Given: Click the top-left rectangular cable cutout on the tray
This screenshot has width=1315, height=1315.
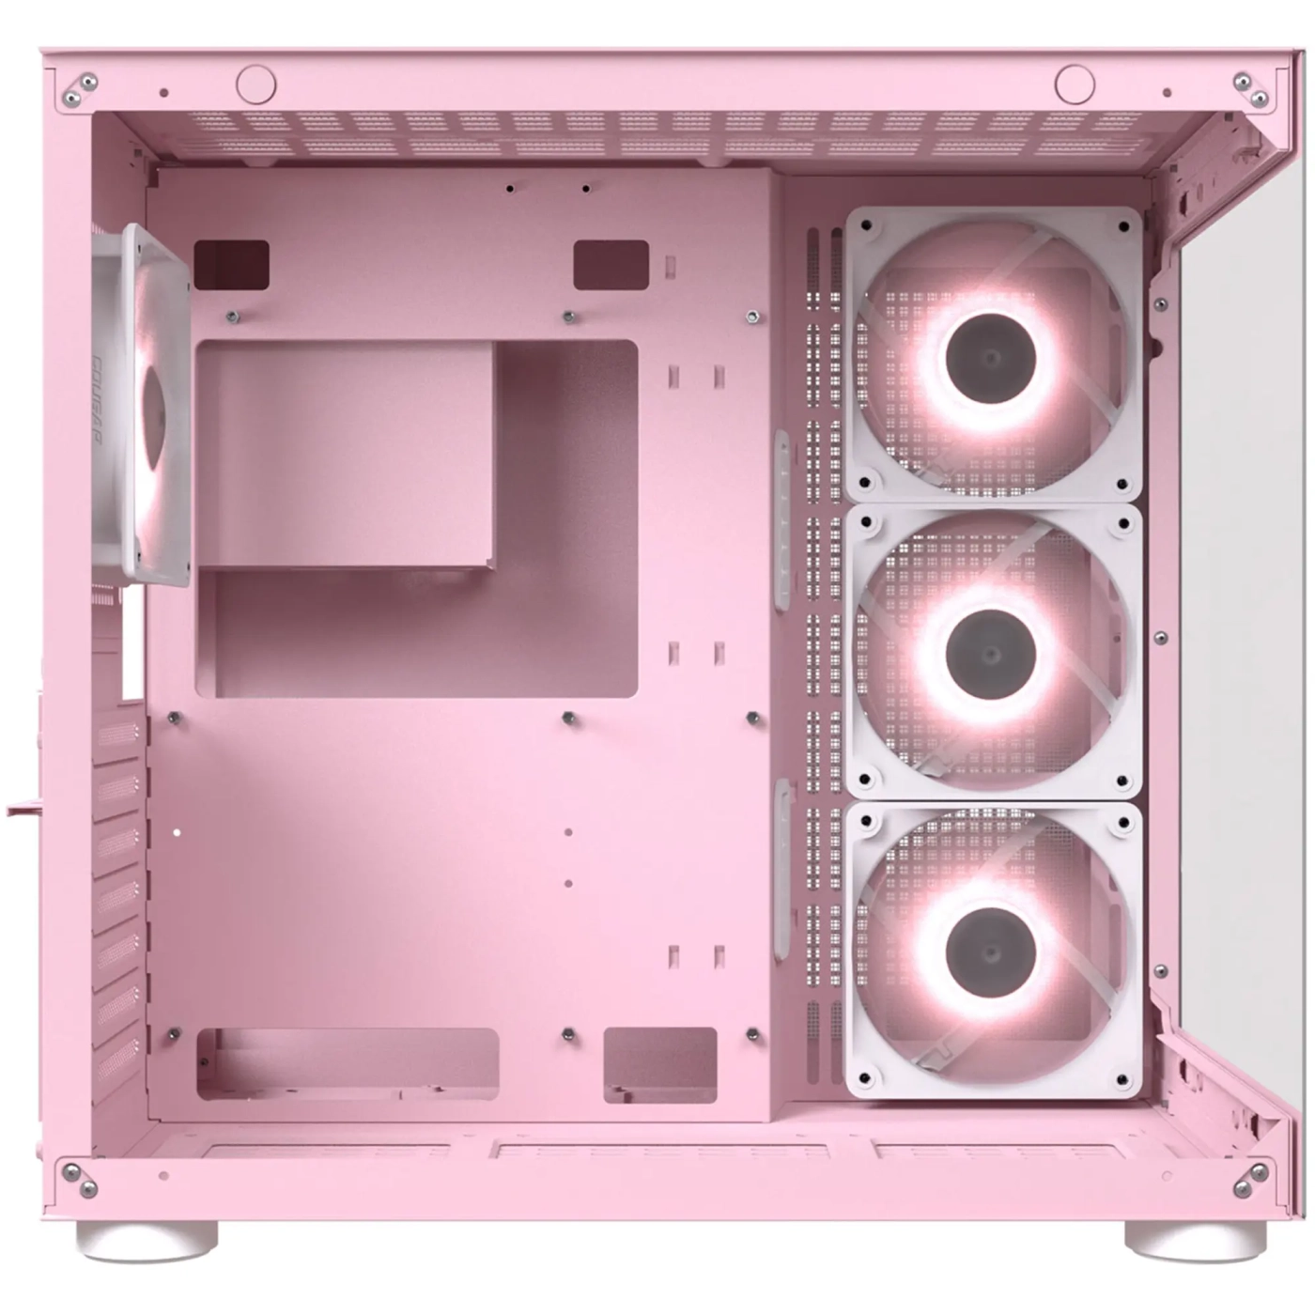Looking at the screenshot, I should (x=231, y=264).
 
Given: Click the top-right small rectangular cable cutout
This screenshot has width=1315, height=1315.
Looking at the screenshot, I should (x=611, y=264).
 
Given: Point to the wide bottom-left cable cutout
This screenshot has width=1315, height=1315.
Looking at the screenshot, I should (x=348, y=1063).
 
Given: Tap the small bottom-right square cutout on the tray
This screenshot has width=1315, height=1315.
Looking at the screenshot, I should (x=659, y=1063).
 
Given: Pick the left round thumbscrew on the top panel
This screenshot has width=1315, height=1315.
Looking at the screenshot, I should (x=255, y=85).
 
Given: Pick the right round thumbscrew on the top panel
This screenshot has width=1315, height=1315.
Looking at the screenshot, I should (x=1075, y=85).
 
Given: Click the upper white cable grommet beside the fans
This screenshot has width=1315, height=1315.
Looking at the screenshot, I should (x=781, y=521).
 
